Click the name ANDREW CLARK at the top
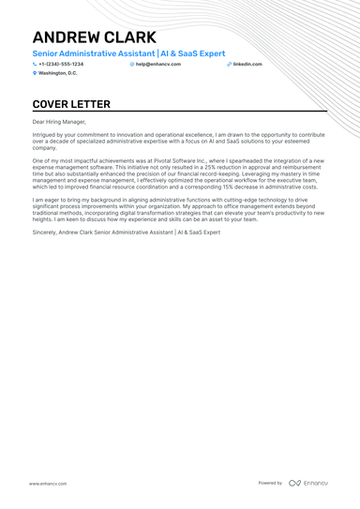tap(94, 37)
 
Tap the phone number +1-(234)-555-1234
tap(61, 64)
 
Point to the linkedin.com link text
tap(247, 64)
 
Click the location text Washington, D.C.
tap(58, 72)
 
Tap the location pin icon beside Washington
tap(35, 72)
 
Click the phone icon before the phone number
tap(35, 64)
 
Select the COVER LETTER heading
tap(71, 104)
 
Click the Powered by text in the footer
tap(270, 483)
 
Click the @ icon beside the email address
tap(132, 64)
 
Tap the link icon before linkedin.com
tap(229, 64)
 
